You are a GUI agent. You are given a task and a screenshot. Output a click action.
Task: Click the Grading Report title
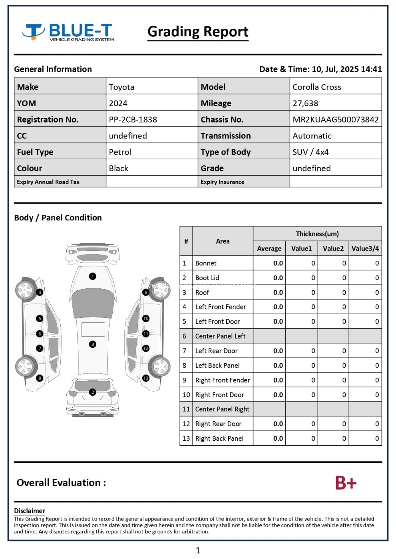tap(198, 32)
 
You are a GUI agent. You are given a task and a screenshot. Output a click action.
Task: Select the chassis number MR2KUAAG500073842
tap(335, 119)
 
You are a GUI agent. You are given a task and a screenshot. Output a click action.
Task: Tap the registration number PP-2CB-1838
tap(133, 119)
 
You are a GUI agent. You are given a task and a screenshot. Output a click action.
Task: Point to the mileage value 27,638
tap(305, 103)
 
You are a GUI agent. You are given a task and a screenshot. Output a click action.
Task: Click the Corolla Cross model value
tap(316, 87)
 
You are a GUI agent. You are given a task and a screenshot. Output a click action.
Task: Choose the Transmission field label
tap(225, 136)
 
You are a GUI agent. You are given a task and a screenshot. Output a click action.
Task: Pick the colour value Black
tap(118, 168)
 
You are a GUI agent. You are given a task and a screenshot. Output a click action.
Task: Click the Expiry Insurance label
tap(222, 182)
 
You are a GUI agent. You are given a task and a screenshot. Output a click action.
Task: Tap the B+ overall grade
tap(345, 483)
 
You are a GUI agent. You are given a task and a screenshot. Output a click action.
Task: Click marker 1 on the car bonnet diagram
tap(93, 276)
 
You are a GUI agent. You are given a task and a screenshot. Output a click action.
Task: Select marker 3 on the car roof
tap(93, 344)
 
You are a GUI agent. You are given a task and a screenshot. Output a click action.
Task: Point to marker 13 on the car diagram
tap(146, 378)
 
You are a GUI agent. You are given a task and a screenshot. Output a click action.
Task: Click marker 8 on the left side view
tap(40, 378)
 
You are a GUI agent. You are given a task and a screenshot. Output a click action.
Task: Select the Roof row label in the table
tap(202, 292)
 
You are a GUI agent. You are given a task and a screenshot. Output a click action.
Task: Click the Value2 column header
tap(333, 248)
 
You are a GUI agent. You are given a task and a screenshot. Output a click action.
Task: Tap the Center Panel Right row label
tap(222, 409)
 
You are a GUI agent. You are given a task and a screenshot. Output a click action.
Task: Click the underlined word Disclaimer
tap(30, 511)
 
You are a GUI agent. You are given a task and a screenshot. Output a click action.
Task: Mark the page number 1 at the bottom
tap(198, 551)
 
